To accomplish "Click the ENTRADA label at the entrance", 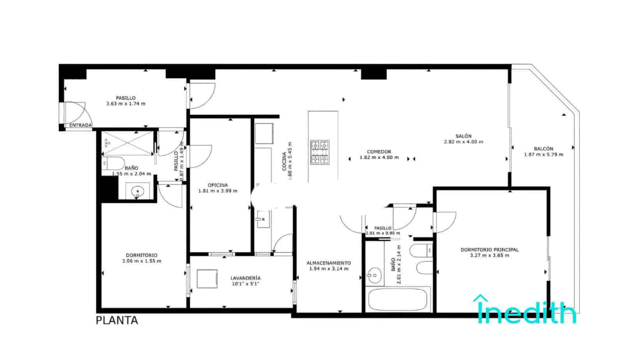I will pyautogui.click(x=80, y=125).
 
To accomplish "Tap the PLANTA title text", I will pyautogui.click(x=117, y=321).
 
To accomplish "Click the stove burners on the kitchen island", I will pyautogui.click(x=319, y=152).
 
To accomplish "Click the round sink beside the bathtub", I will pyautogui.click(x=374, y=276).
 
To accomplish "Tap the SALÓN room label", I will pyautogui.click(x=463, y=136).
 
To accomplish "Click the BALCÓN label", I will pyautogui.click(x=543, y=149).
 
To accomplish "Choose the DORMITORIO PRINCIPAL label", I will pyautogui.click(x=489, y=250).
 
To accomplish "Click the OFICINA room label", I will pyautogui.click(x=218, y=185).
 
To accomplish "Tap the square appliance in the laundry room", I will pyautogui.click(x=207, y=278).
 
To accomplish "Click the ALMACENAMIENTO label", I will pyautogui.click(x=328, y=263).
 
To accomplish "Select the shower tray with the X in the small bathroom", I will pyautogui.click(x=127, y=143).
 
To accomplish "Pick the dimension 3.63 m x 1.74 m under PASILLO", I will pyautogui.click(x=126, y=104).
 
